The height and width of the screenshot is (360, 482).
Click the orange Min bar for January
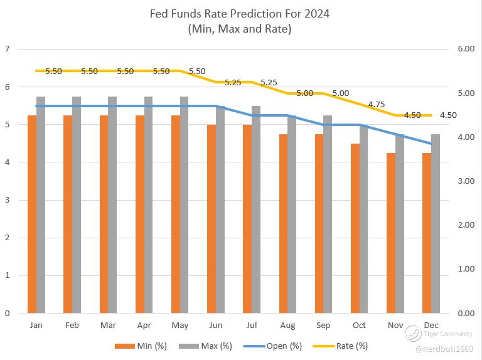[32, 214]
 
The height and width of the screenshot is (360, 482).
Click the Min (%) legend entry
[141, 346]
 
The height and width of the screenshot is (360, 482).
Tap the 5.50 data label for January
[53, 71]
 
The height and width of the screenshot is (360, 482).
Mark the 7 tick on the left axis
[7, 48]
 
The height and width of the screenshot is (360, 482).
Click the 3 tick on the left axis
[7, 200]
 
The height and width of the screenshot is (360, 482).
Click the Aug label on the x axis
[287, 326]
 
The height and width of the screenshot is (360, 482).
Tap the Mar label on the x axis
[108, 326]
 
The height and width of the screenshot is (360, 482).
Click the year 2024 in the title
[317, 13]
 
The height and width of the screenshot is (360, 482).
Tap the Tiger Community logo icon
[412, 333]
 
